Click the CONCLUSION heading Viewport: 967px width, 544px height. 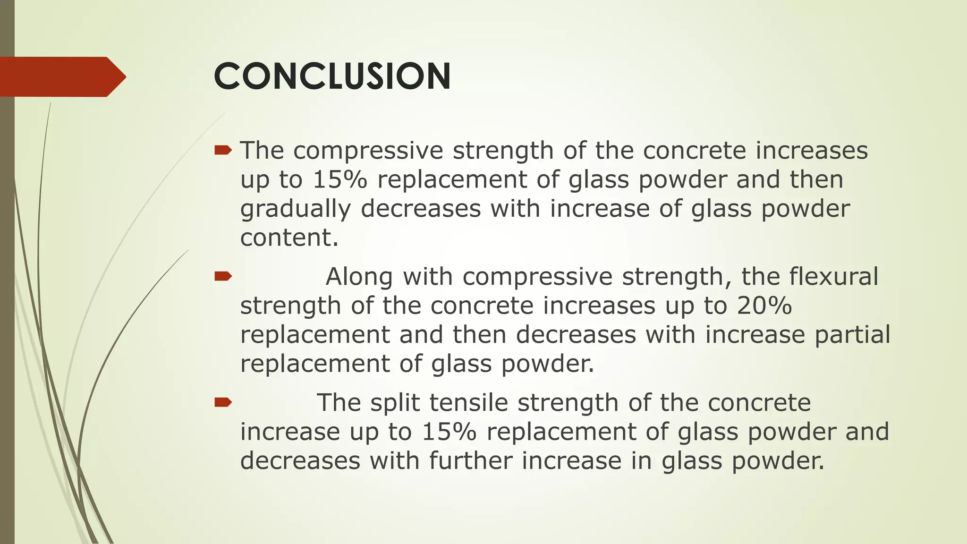coord(332,76)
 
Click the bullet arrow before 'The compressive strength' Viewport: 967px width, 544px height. coord(223,151)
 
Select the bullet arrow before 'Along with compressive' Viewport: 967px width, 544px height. coord(223,276)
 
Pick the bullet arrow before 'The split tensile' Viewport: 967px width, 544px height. coord(223,402)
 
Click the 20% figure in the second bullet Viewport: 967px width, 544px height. coord(764,306)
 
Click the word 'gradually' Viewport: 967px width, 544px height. coord(296,209)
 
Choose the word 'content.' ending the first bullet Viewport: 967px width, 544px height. coord(289,238)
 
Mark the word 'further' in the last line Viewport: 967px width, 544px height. coord(470,461)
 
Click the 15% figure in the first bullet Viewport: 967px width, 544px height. coord(339,180)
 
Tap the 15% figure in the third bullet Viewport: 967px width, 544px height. coord(449,432)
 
